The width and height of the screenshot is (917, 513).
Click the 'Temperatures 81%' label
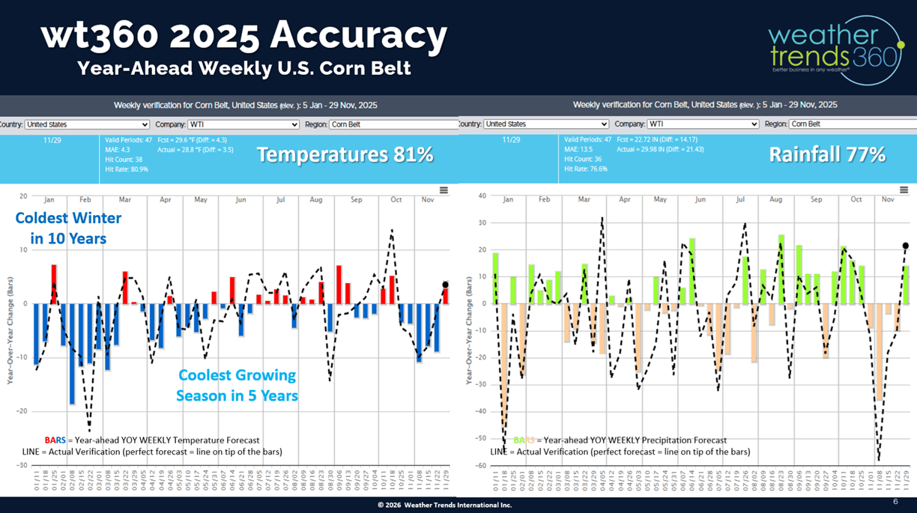coord(345,155)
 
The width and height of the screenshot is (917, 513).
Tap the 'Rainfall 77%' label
coord(827,155)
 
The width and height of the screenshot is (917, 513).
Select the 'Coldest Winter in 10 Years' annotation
coord(68,228)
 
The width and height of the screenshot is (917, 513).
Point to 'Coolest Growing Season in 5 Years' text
coord(237,385)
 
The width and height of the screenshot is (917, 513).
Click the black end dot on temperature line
coord(445,285)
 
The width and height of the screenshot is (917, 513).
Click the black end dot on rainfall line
coord(905,246)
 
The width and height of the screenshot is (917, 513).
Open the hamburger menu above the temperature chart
coord(444,190)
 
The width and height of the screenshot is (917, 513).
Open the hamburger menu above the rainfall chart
coord(905,190)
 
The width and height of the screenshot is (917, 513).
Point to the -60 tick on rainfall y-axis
coord(482,465)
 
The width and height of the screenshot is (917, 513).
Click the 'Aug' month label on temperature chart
coord(315,200)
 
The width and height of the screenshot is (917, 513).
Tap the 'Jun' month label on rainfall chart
coord(700,200)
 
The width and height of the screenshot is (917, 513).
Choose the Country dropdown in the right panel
coord(545,124)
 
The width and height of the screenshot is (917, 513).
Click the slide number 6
coord(895,501)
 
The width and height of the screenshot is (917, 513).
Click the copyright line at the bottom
coord(445,506)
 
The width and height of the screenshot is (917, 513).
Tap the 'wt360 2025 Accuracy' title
coord(244,35)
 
